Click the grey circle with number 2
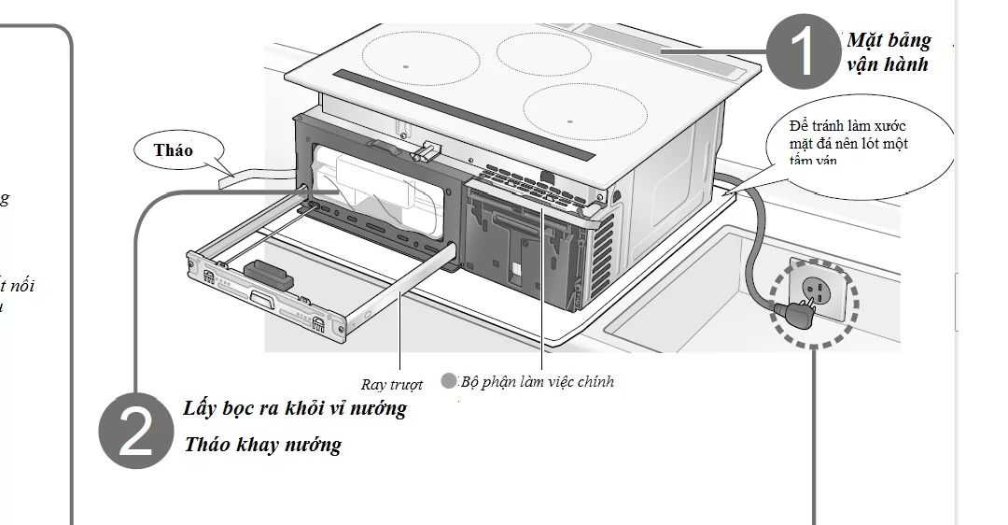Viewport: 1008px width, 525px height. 136,431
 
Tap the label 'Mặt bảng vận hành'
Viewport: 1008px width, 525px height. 888,52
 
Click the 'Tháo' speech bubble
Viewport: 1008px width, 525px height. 175,150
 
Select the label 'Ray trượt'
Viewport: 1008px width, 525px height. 392,384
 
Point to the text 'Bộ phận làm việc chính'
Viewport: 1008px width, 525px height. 538,381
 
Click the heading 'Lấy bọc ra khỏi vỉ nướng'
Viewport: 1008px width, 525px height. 295,408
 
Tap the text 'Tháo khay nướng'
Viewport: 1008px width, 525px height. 262,445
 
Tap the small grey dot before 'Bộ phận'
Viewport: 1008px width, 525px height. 449,380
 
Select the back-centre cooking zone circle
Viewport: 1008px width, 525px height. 542,52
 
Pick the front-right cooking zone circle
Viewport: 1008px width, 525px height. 585,110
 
